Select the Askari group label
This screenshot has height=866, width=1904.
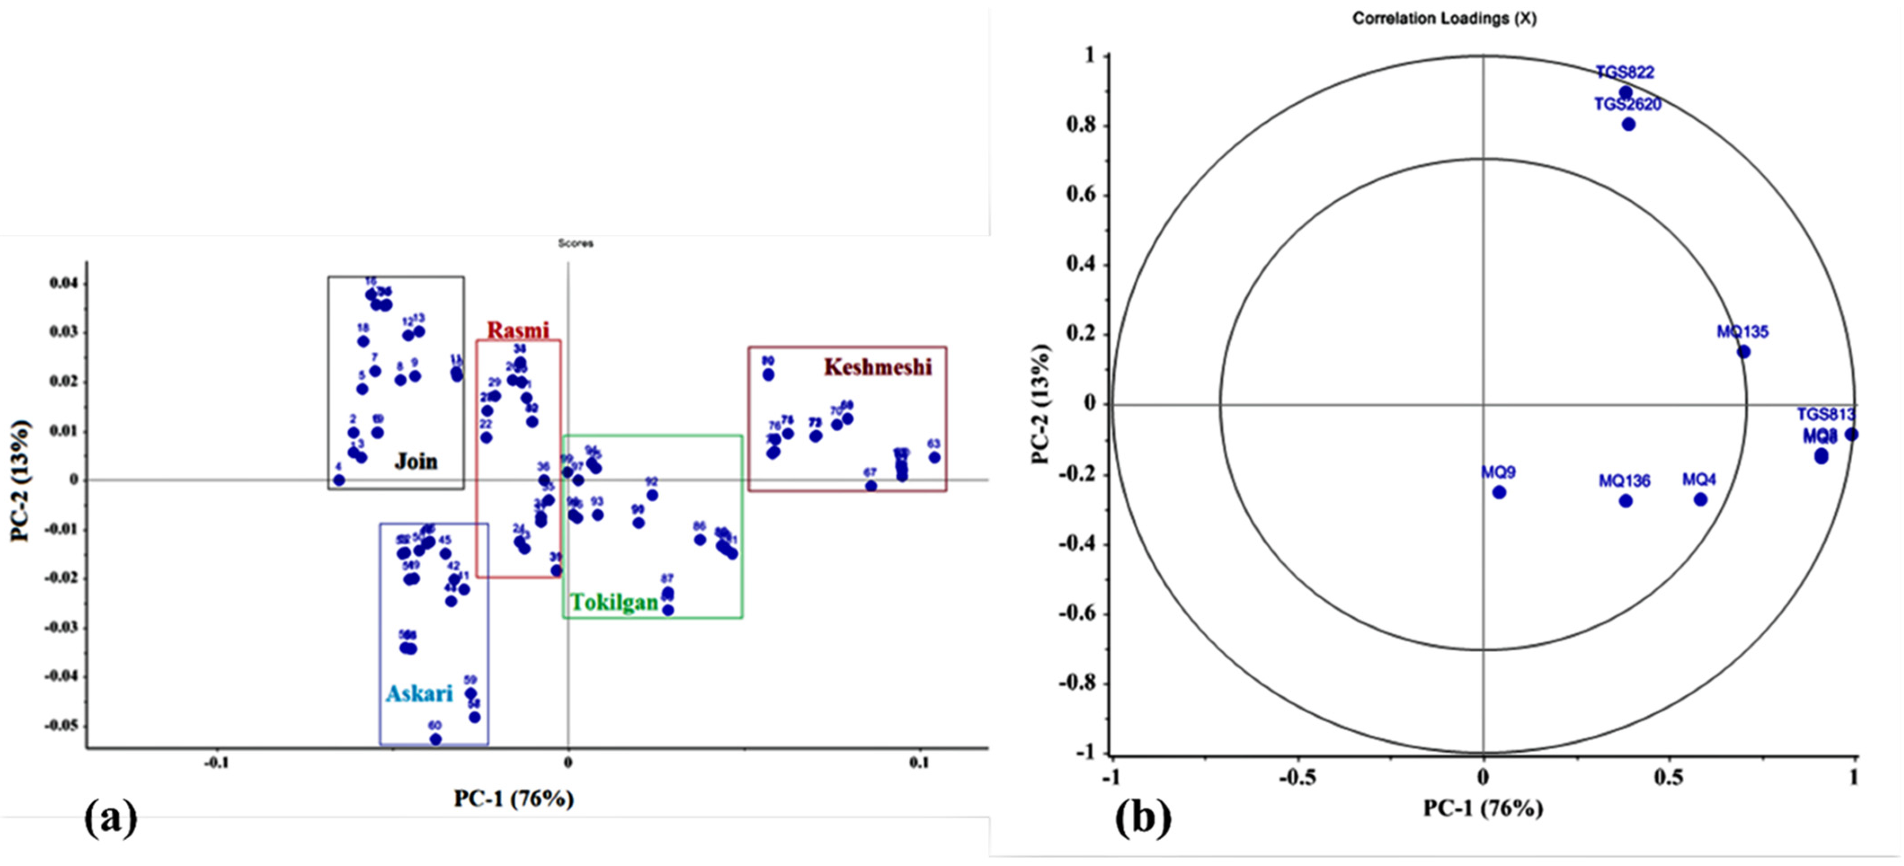(419, 693)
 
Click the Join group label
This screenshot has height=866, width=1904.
(416, 462)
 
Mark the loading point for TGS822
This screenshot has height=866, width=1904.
(1625, 93)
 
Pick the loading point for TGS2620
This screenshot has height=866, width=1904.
(1628, 124)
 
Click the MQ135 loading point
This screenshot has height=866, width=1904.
(1744, 352)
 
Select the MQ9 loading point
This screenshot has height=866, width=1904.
(1499, 492)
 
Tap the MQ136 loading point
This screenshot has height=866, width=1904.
(1625, 501)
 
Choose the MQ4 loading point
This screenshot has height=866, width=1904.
(1701, 499)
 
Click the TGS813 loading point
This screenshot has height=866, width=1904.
(1851, 434)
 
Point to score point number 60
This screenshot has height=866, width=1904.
(435, 739)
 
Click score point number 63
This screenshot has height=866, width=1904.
(934, 457)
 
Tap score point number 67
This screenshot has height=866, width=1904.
(871, 486)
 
